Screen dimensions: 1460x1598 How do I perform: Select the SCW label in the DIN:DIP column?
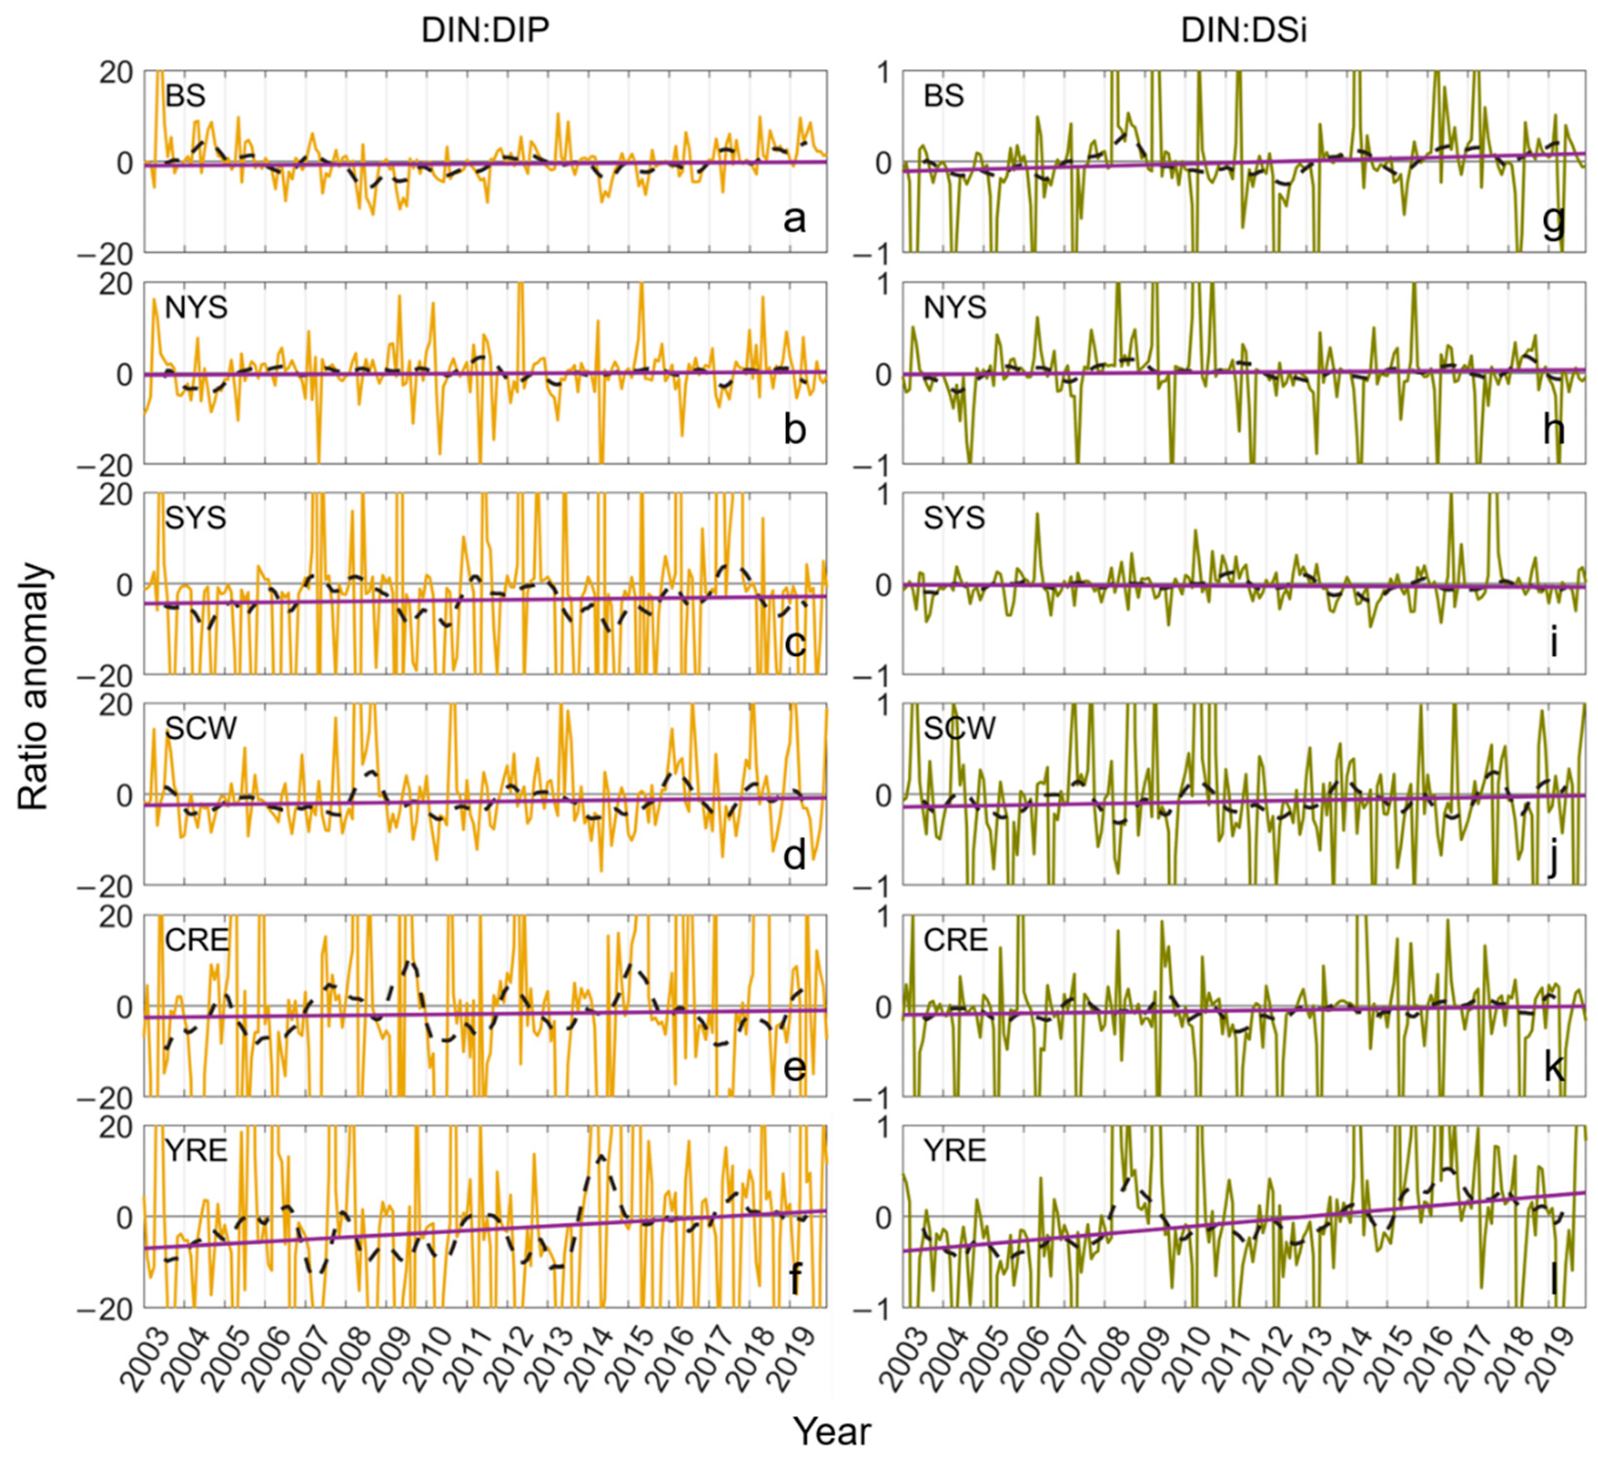click(x=200, y=727)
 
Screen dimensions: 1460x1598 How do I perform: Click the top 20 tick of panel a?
click(x=116, y=73)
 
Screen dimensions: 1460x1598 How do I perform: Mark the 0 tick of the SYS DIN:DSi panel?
click(x=884, y=585)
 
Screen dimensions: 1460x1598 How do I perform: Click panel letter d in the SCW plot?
click(x=794, y=855)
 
